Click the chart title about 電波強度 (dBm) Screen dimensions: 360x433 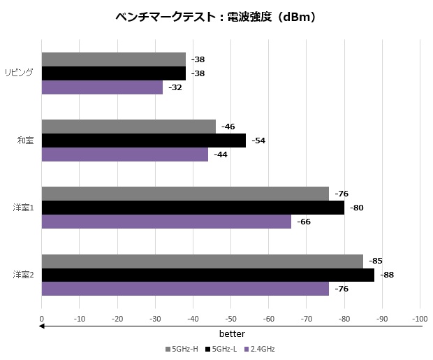pyautogui.click(x=216, y=16)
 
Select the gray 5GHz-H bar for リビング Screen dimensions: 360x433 pyautogui.click(x=114, y=59)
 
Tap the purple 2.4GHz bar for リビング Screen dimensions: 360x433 pyautogui.click(x=102, y=87)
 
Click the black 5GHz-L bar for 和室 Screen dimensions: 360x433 pyautogui.click(x=144, y=141)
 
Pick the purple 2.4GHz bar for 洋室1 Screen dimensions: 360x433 pyautogui.click(x=166, y=222)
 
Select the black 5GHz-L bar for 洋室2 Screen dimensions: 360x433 pyautogui.click(x=208, y=275)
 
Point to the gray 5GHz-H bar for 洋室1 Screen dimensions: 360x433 pyautogui.click(x=185, y=194)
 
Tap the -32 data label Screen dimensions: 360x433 pyautogui.click(x=175, y=87)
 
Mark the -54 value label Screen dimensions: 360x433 pyautogui.click(x=258, y=141)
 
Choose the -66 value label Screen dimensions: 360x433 pyautogui.click(x=303, y=222)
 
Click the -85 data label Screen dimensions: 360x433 pyautogui.click(x=375, y=261)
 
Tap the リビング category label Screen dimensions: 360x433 pyautogui.click(x=20, y=73)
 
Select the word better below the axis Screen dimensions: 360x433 pyautogui.click(x=232, y=333)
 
